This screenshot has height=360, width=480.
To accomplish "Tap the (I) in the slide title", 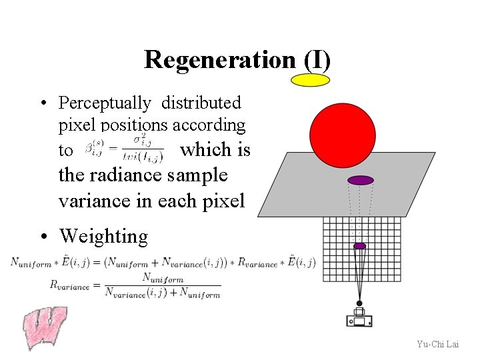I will (x=317, y=60).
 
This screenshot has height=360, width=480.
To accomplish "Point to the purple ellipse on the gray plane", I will (x=361, y=180).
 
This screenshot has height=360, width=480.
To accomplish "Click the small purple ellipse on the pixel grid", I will (x=360, y=246).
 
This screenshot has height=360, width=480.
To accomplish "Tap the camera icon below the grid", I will (x=359, y=317).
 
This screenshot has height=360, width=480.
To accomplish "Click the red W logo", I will (x=45, y=327).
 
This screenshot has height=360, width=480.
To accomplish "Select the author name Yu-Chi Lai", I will (x=437, y=344).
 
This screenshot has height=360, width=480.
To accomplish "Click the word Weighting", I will (x=103, y=236).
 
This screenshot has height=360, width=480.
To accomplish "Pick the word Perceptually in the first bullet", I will (x=105, y=103).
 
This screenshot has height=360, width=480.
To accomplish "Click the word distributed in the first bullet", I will (x=201, y=103).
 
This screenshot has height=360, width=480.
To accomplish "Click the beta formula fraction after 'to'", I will (x=124, y=150).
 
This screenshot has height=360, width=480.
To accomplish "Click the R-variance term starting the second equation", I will (x=69, y=285).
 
